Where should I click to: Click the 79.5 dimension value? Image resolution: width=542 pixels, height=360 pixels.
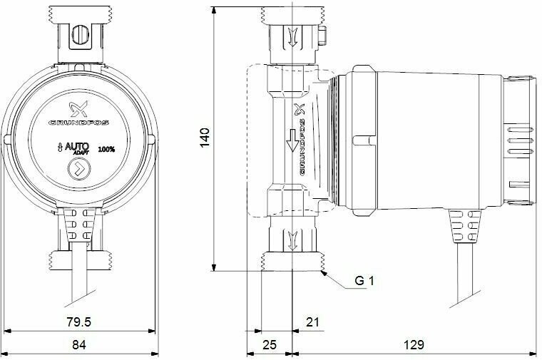79,322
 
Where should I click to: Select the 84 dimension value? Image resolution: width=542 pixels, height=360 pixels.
79,344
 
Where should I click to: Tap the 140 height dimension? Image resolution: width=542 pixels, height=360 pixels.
205,138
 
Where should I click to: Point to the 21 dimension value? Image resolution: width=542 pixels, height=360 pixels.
312,322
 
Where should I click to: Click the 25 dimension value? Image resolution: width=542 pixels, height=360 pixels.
270,344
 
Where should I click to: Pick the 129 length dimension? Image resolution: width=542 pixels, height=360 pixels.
414,344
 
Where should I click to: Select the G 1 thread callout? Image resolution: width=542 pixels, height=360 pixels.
364,281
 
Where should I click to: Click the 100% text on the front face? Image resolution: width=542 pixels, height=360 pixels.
106,150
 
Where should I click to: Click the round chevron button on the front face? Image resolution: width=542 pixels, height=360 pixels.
79,169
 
